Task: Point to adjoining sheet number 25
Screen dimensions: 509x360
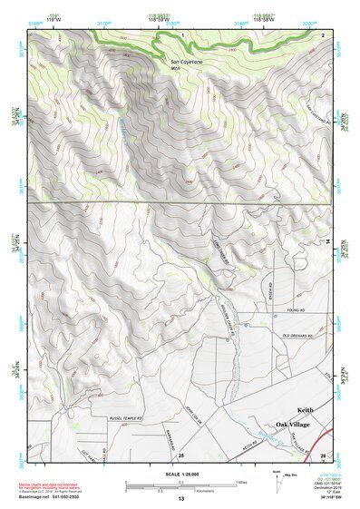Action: pyautogui.click(x=181, y=455)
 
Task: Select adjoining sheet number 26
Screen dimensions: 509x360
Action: pyautogui.click(x=323, y=455)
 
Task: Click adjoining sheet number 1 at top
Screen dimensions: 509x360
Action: pyautogui.click(x=182, y=34)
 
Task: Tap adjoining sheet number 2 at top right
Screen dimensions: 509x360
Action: pyautogui.click(x=323, y=34)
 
